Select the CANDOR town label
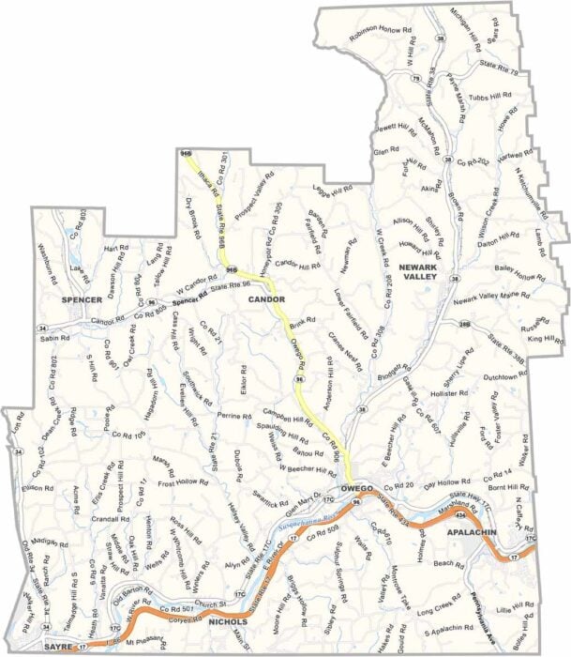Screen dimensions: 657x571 pyautogui.click(x=267, y=299)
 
